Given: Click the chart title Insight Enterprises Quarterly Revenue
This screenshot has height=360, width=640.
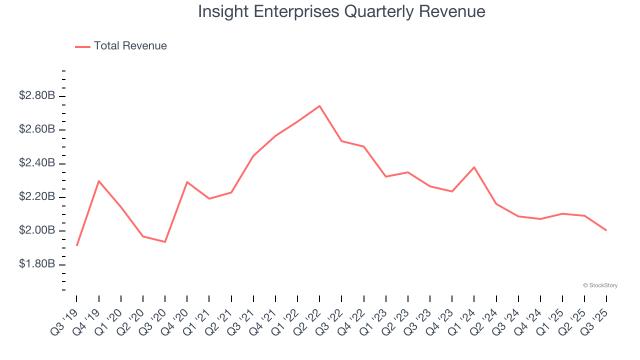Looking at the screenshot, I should pyautogui.click(x=341, y=11).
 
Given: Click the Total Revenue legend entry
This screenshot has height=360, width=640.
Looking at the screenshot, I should pyautogui.click(x=121, y=46).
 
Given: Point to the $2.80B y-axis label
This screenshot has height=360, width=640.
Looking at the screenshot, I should pyautogui.click(x=36, y=95).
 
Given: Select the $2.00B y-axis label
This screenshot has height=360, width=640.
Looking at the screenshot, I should pyautogui.click(x=36, y=230).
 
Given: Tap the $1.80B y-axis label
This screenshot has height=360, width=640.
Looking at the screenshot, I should pyautogui.click(x=36, y=264).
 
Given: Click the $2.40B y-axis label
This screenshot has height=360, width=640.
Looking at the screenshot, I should pyautogui.click(x=36, y=163).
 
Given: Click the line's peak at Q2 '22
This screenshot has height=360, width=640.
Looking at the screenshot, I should pyautogui.click(x=319, y=106).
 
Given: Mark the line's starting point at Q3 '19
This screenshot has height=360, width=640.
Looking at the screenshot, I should pyautogui.click(x=77, y=245).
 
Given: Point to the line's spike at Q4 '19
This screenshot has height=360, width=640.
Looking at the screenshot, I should pyautogui.click(x=99, y=181).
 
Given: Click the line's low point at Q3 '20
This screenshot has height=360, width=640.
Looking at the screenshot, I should pyautogui.click(x=165, y=242).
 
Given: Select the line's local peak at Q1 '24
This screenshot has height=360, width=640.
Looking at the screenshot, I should pyautogui.click(x=474, y=167).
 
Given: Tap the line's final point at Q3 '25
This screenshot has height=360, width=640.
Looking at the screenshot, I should pyautogui.click(x=606, y=230).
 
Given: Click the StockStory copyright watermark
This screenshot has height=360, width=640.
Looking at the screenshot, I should pyautogui.click(x=600, y=285).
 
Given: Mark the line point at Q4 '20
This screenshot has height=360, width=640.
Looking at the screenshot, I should pyautogui.click(x=187, y=182).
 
